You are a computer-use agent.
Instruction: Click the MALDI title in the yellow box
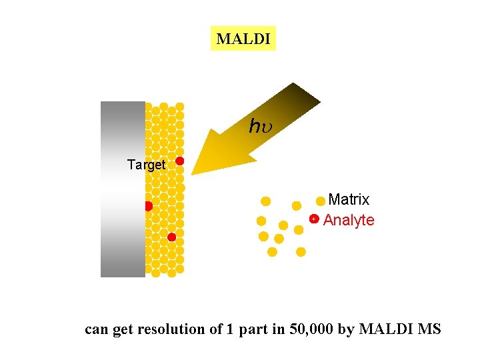[243, 39]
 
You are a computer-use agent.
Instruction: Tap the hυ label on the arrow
[259, 125]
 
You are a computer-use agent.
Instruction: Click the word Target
[146, 165]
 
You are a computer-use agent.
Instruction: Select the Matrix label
[349, 199]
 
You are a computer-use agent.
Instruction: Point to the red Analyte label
[349, 220]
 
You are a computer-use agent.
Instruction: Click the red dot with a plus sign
[314, 219]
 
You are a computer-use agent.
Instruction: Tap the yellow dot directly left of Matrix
[321, 201]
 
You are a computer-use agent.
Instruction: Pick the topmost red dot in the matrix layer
[179, 161]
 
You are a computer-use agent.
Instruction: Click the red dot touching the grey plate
[148, 206]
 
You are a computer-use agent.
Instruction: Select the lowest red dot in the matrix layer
[171, 237]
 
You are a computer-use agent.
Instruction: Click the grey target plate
[123, 189]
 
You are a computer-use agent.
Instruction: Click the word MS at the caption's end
[429, 329]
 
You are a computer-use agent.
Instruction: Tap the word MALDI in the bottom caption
[386, 329]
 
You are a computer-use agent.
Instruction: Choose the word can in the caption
[97, 329]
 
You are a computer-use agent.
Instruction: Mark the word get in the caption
[123, 329]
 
